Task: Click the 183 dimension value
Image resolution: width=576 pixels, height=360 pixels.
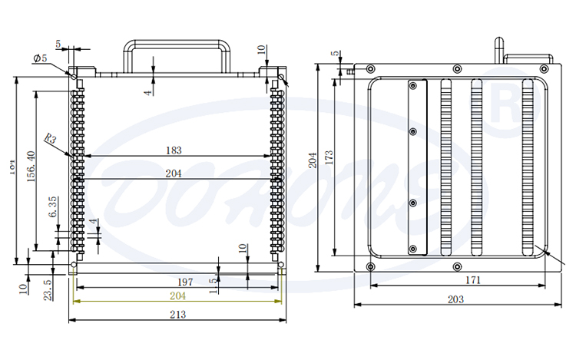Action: pos(174,150)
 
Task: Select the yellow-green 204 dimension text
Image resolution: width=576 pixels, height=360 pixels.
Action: pos(177,296)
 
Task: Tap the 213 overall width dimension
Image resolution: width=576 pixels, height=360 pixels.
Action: pos(177,314)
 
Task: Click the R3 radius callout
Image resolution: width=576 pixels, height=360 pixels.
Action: pos(50,139)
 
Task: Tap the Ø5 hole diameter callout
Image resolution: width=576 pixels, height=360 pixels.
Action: pos(39,58)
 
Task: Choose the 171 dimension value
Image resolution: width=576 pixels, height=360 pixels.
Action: pos(473,281)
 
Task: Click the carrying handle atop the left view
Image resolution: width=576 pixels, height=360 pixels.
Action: pos(177,46)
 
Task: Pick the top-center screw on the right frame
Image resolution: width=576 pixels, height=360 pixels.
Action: pos(457,69)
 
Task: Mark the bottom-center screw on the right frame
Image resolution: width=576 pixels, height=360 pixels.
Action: pos(458,266)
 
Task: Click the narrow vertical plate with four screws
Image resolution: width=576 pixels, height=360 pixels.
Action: pos(416,167)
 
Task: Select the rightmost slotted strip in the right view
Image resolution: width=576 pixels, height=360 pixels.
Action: pos(527,167)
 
